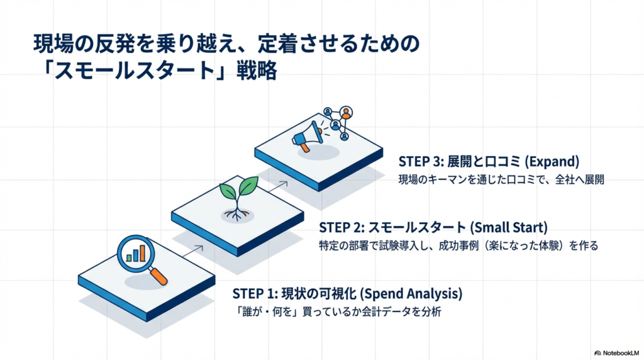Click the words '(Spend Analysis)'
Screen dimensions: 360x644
pos(414,293)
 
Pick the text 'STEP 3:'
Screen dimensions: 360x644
pos(417,160)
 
